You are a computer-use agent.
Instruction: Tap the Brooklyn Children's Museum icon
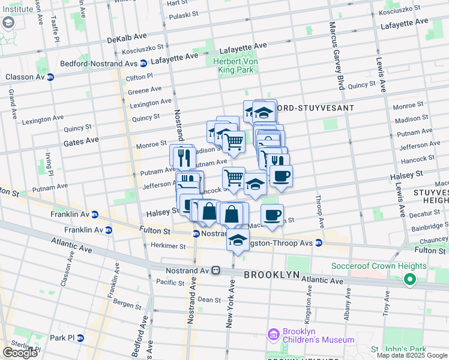coord(273,334)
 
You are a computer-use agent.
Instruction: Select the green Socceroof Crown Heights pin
coord(410,279)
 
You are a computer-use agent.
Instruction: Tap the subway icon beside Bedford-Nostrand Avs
coord(143,64)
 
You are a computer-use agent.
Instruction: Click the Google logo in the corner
coord(20,353)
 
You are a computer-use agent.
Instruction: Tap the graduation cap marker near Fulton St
coord(238,240)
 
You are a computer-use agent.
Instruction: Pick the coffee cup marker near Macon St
coord(272,215)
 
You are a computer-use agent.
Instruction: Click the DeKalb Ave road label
coord(127,39)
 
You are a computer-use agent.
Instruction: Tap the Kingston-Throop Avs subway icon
coord(319,243)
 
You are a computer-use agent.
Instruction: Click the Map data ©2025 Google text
coord(411,355)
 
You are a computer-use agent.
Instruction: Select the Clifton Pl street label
coord(139,78)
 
